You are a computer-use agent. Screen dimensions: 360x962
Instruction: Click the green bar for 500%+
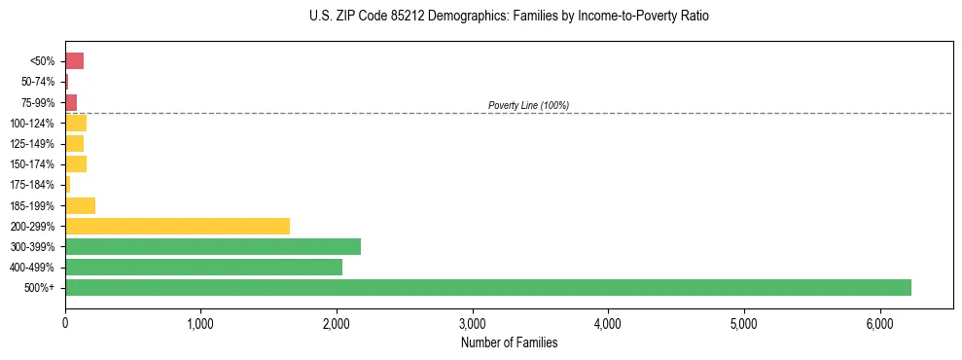[487, 287]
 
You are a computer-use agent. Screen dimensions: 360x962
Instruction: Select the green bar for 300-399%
[212, 246]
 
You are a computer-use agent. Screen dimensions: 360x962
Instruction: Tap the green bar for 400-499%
[203, 267]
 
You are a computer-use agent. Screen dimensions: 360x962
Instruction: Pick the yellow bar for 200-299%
[177, 226]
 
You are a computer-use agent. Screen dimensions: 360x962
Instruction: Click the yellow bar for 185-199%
[80, 205]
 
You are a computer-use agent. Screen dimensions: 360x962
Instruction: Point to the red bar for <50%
[74, 61]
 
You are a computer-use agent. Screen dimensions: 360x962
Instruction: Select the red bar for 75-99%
[71, 102]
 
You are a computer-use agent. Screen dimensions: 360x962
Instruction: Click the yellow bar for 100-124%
[76, 123]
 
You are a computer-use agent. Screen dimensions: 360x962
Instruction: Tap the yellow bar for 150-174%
[76, 163]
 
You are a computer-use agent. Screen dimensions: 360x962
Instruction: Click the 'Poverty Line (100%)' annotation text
[528, 105]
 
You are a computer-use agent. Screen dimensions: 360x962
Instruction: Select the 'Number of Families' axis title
[509, 342]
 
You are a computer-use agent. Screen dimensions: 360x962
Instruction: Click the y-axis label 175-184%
[33, 185]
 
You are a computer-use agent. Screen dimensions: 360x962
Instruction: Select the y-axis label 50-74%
[37, 82]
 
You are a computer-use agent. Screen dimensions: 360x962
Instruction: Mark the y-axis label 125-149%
[33, 144]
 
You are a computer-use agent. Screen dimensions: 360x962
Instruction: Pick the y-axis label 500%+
[41, 288]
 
